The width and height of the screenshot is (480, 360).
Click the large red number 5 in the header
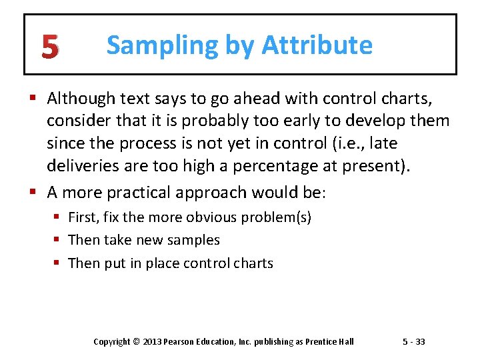click(x=49, y=47)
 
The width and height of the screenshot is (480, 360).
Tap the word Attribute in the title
click(x=317, y=46)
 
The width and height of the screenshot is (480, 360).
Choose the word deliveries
click(x=79, y=165)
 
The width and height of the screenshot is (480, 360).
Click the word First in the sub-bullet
click(x=83, y=217)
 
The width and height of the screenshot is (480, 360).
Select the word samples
click(x=196, y=240)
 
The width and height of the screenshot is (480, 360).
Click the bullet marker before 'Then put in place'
click(x=59, y=263)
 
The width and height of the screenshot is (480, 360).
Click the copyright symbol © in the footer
click(x=137, y=341)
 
